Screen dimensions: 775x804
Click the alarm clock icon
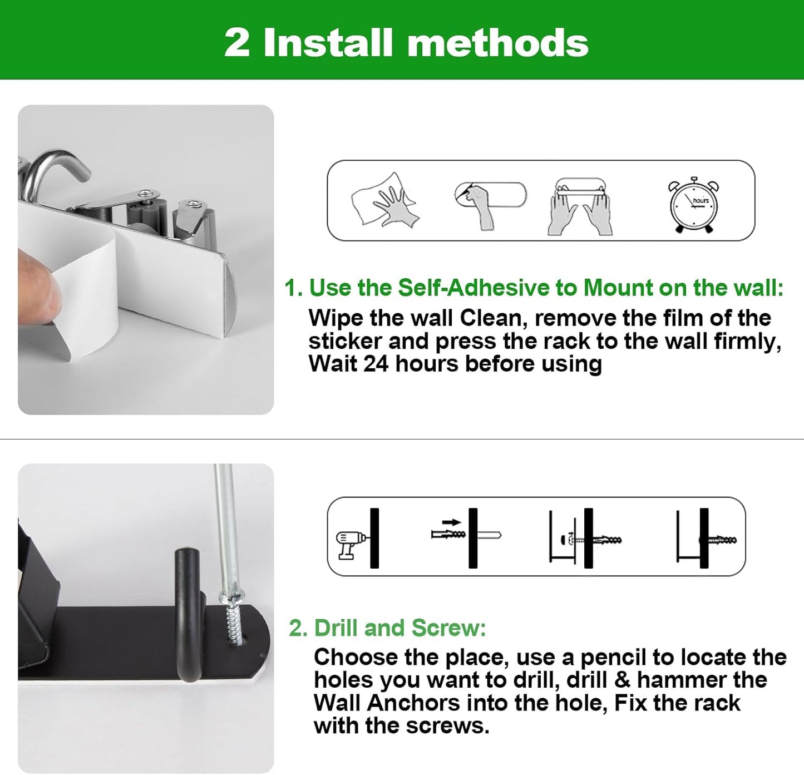(693, 204)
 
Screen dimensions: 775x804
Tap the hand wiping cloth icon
(384, 201)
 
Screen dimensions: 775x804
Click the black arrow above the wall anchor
(451, 522)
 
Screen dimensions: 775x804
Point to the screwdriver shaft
(225, 523)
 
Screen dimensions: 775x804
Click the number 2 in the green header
(237, 42)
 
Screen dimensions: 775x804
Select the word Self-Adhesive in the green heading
(473, 288)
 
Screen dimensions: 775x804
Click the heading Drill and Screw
(387, 628)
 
